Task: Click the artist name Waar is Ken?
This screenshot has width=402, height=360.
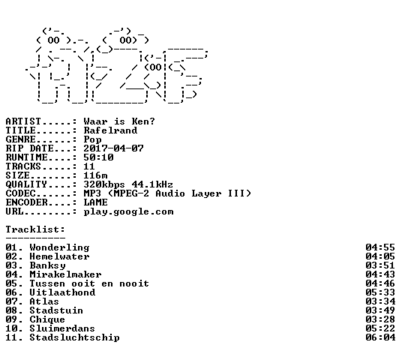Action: click(x=119, y=121)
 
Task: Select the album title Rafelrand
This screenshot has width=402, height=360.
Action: click(x=110, y=130)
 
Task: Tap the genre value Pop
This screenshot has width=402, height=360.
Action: click(x=92, y=139)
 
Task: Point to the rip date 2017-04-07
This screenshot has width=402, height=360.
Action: click(x=113, y=148)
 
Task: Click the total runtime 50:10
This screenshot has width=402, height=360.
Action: click(x=98, y=157)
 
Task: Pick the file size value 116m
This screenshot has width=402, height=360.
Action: click(x=95, y=175)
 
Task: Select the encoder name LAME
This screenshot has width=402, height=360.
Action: click(x=95, y=202)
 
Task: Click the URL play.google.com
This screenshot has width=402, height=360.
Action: click(x=128, y=212)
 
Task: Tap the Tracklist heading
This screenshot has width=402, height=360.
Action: click(x=35, y=229)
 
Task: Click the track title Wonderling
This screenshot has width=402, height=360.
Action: click(x=59, y=247)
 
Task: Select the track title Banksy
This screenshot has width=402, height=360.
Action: click(x=47, y=266)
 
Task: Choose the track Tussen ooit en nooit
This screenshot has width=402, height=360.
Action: click(x=89, y=283)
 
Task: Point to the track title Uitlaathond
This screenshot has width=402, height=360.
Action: click(x=62, y=292)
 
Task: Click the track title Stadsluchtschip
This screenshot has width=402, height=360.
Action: click(x=74, y=338)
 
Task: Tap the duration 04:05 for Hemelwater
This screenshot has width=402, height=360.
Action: click(x=380, y=256)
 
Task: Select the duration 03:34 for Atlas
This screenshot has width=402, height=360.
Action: click(x=380, y=301)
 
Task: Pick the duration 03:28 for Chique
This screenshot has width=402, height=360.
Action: click(x=380, y=319)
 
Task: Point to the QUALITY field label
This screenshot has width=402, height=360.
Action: click(x=26, y=184)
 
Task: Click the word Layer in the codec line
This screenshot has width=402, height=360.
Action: click(x=206, y=193)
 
